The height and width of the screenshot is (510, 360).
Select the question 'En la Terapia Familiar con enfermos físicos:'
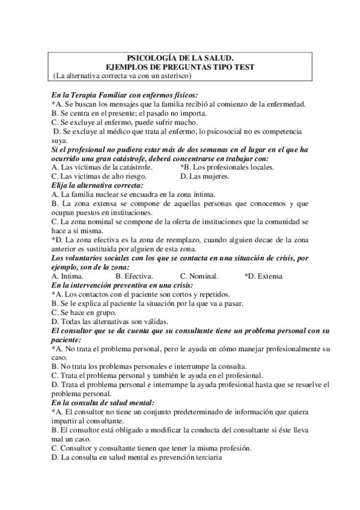(124, 94)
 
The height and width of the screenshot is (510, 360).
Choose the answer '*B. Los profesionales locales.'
(227, 167)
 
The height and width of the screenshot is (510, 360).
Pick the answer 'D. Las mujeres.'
(204, 176)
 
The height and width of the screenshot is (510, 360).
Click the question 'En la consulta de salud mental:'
(103, 402)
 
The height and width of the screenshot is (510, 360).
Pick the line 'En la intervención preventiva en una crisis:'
(122, 285)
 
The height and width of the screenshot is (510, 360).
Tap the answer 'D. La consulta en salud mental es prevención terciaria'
(137, 457)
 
